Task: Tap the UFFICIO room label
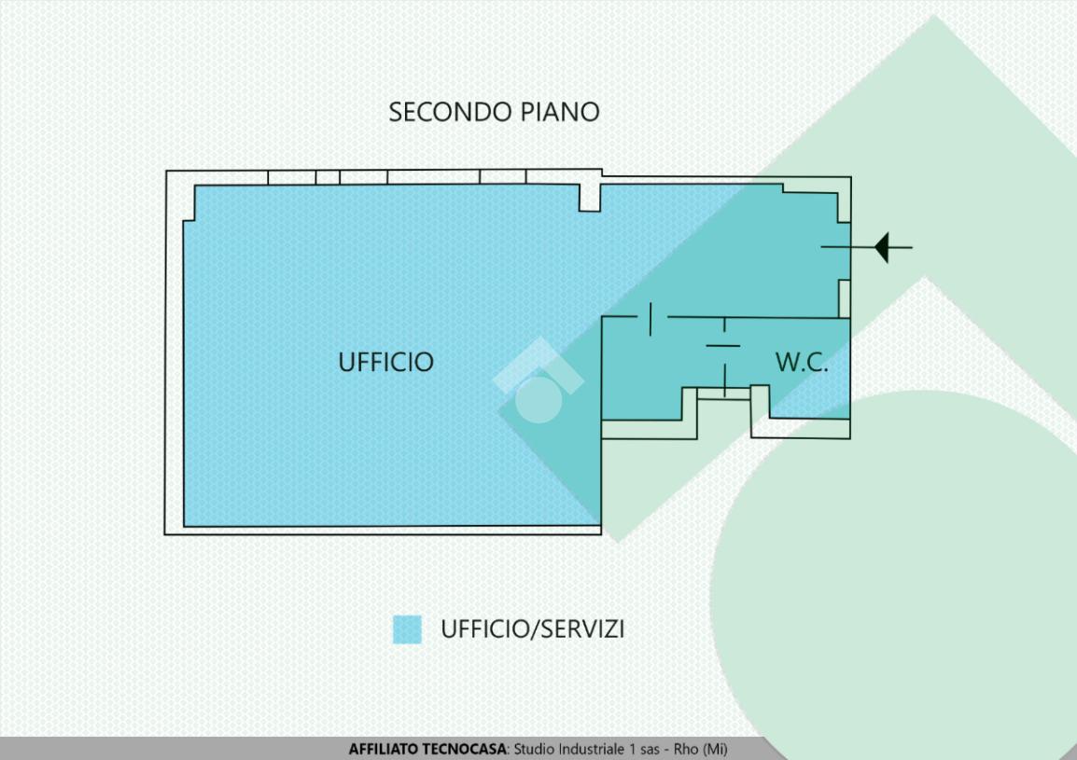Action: (385, 362)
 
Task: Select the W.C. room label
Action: (801, 363)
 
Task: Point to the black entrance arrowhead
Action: (881, 248)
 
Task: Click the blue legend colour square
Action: (407, 629)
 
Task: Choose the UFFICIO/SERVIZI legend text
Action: (532, 629)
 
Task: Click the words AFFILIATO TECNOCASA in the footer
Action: (427, 750)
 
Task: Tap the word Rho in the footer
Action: (686, 750)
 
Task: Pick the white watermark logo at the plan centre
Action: (538, 391)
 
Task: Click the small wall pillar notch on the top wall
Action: (589, 199)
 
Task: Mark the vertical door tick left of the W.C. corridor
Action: (650, 319)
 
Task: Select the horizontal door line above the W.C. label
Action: (723, 346)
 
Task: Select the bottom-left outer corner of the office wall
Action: (166, 533)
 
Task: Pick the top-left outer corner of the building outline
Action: (167, 171)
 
